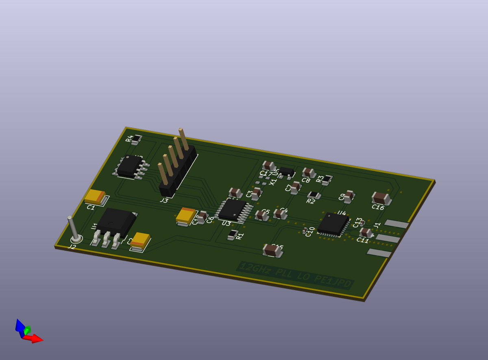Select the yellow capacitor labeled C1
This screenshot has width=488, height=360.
coord(96,197)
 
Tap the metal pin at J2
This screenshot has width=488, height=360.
coord(74,229)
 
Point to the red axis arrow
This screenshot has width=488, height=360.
coord(36,338)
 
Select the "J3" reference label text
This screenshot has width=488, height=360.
coord(164,200)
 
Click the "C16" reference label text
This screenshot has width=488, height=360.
coord(378,207)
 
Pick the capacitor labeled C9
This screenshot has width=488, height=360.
coord(349,196)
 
